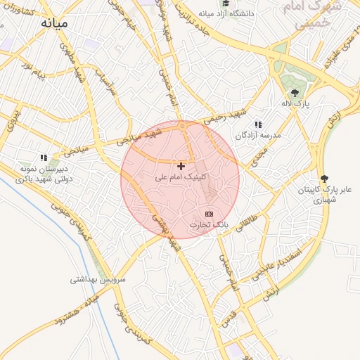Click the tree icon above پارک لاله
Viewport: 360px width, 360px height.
click(295, 92)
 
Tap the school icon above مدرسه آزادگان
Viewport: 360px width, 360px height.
click(258, 124)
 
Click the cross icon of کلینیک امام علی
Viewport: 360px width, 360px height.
click(182, 166)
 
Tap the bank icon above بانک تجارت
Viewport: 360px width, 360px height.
click(209, 213)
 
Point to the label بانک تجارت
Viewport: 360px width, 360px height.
click(209, 224)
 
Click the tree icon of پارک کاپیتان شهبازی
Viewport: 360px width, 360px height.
click(323, 179)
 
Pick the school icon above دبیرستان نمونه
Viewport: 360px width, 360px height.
click(43, 158)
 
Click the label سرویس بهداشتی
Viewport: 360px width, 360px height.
click(97, 279)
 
